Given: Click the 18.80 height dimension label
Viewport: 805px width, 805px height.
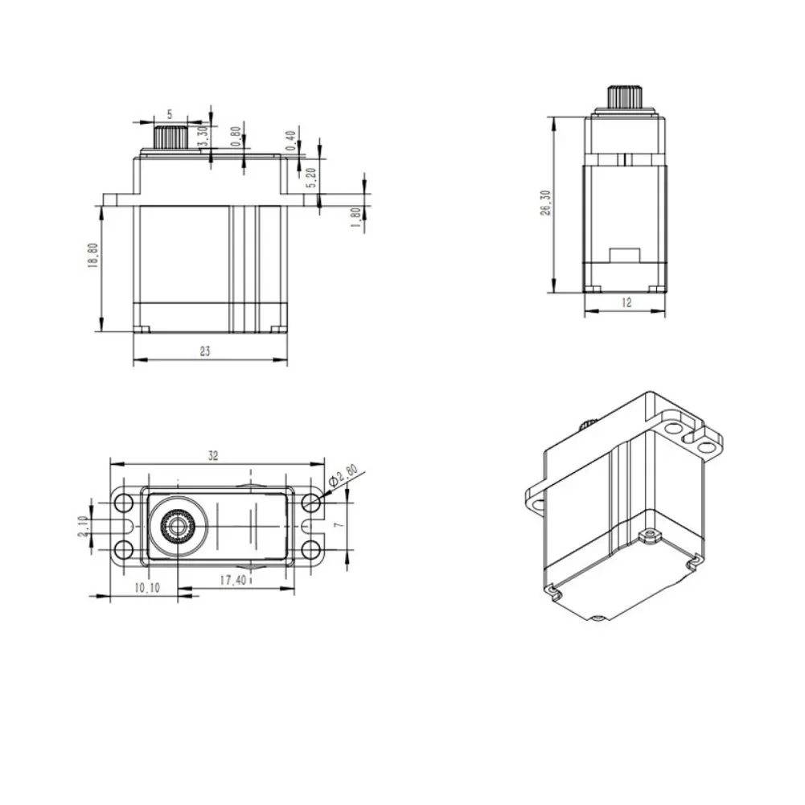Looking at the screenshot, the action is pyautogui.click(x=93, y=256).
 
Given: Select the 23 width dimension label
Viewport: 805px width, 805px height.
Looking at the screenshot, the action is pyautogui.click(x=205, y=351).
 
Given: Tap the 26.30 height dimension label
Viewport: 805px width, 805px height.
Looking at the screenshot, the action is pyautogui.click(x=545, y=203).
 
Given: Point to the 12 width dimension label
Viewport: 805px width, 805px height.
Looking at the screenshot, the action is pyautogui.click(x=626, y=303).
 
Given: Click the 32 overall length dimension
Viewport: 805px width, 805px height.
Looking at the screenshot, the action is pyautogui.click(x=213, y=455).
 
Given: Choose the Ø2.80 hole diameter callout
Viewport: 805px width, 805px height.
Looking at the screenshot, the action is pyautogui.click(x=343, y=475).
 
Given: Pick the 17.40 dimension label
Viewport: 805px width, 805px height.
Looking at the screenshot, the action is pyautogui.click(x=233, y=580).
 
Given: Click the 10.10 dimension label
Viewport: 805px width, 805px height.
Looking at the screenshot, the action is pyautogui.click(x=147, y=589).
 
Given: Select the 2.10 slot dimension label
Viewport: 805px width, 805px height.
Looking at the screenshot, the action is pyautogui.click(x=83, y=527).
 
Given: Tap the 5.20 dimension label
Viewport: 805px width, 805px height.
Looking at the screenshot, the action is pyautogui.click(x=312, y=178).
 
